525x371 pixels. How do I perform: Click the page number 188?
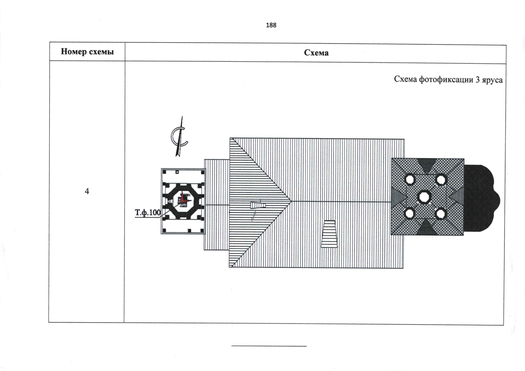coord(271,25)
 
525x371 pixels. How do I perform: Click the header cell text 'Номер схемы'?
coord(87,52)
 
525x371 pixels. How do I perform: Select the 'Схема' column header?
coord(316,53)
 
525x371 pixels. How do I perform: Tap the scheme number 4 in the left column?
coord(87,191)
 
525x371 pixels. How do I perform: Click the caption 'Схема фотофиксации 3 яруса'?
coord(448,79)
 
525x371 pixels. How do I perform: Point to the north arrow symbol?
coord(179,136)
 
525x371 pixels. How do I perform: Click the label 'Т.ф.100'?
coord(148,213)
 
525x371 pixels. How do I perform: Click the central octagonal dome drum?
coord(424,197)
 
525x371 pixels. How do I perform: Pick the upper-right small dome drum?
coord(441,180)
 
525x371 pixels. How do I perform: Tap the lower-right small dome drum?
coord(440,214)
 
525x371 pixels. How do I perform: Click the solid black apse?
coord(481,198)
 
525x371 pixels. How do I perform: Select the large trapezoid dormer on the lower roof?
coord(329,234)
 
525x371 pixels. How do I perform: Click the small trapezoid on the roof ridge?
coord(258,205)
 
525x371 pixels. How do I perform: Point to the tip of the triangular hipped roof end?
coord(291,201)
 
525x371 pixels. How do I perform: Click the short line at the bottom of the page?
coord(269,346)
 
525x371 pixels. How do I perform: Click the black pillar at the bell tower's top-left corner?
coord(164,172)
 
